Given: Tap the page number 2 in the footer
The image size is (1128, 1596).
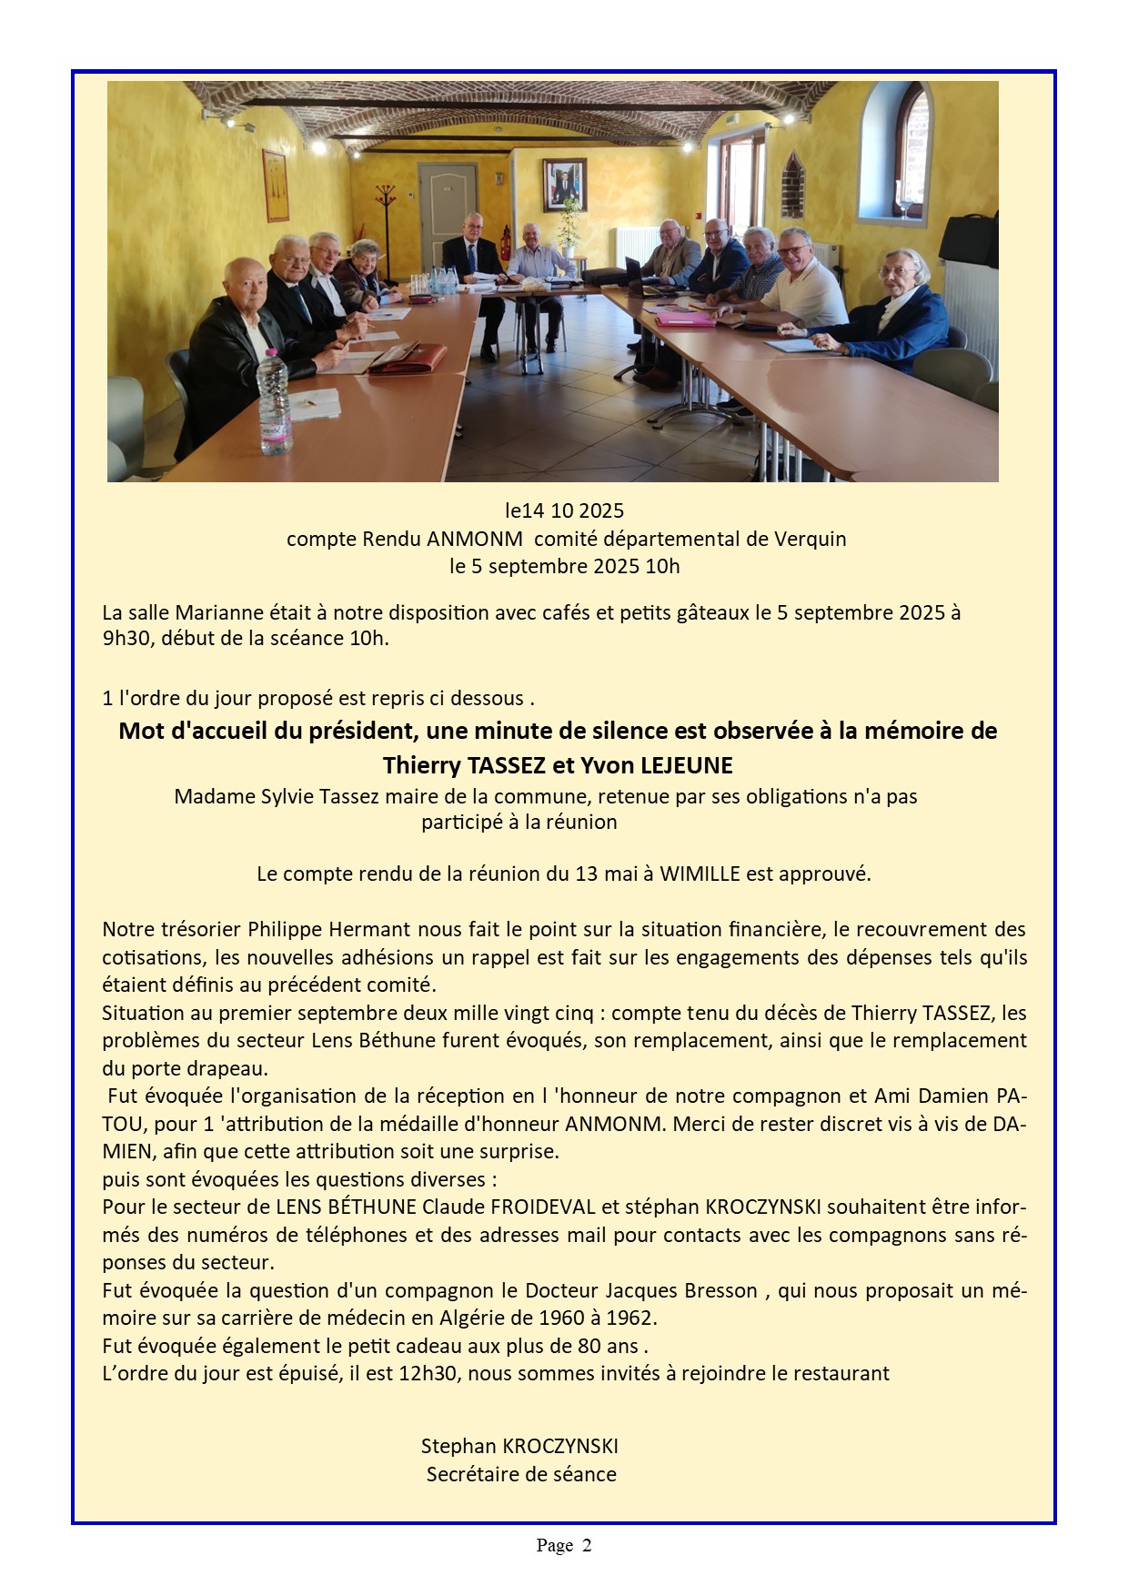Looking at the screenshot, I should [587, 1545].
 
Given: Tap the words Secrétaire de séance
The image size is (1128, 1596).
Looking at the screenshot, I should [521, 1474].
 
